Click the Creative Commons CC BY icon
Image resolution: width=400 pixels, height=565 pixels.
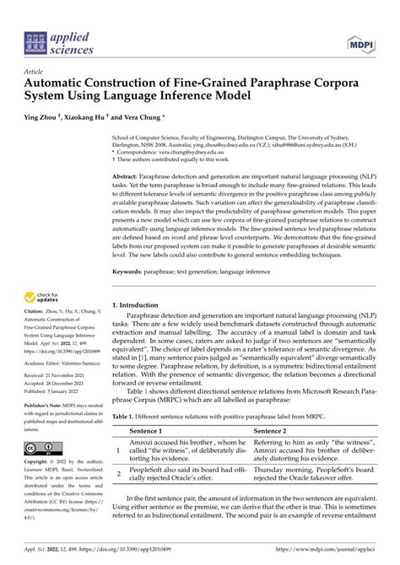(40, 447)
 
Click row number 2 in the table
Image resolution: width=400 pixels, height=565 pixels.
(118, 473)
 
